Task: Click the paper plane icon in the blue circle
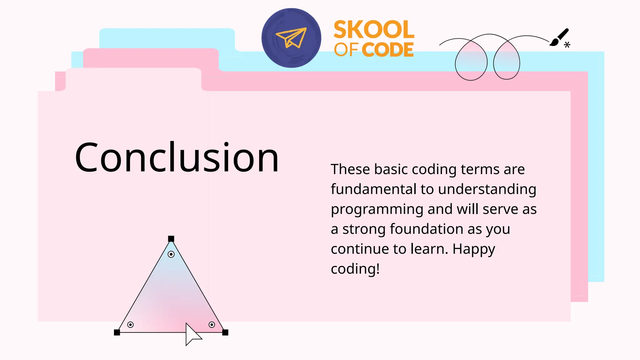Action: tap(291, 38)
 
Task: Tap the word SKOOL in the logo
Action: tap(374, 29)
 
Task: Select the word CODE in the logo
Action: tap(389, 50)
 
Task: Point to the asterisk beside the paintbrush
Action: tap(567, 45)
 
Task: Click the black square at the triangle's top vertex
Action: tap(171, 239)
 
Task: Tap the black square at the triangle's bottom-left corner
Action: tap(117, 332)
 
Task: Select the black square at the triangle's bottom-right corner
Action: tap(225, 332)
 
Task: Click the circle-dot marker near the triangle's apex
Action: tap(171, 254)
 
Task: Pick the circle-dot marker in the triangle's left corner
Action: tap(131, 325)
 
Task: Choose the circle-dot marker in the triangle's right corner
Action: tap(212, 325)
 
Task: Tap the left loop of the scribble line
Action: tap(471, 61)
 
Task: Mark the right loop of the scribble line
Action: tap(507, 61)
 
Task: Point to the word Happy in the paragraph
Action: tap(474, 249)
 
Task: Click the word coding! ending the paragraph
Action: tap(355, 269)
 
